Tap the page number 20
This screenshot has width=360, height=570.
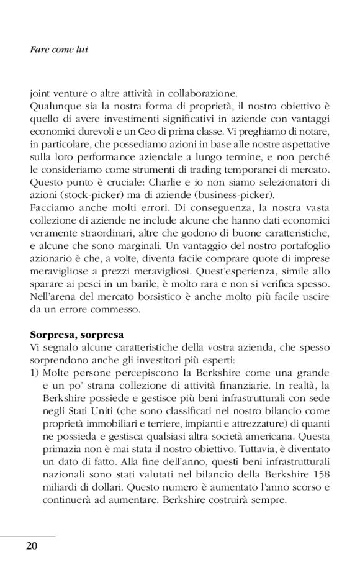pyautogui.click(x=32, y=545)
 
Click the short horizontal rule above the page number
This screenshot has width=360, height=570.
pyautogui.click(x=28, y=536)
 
